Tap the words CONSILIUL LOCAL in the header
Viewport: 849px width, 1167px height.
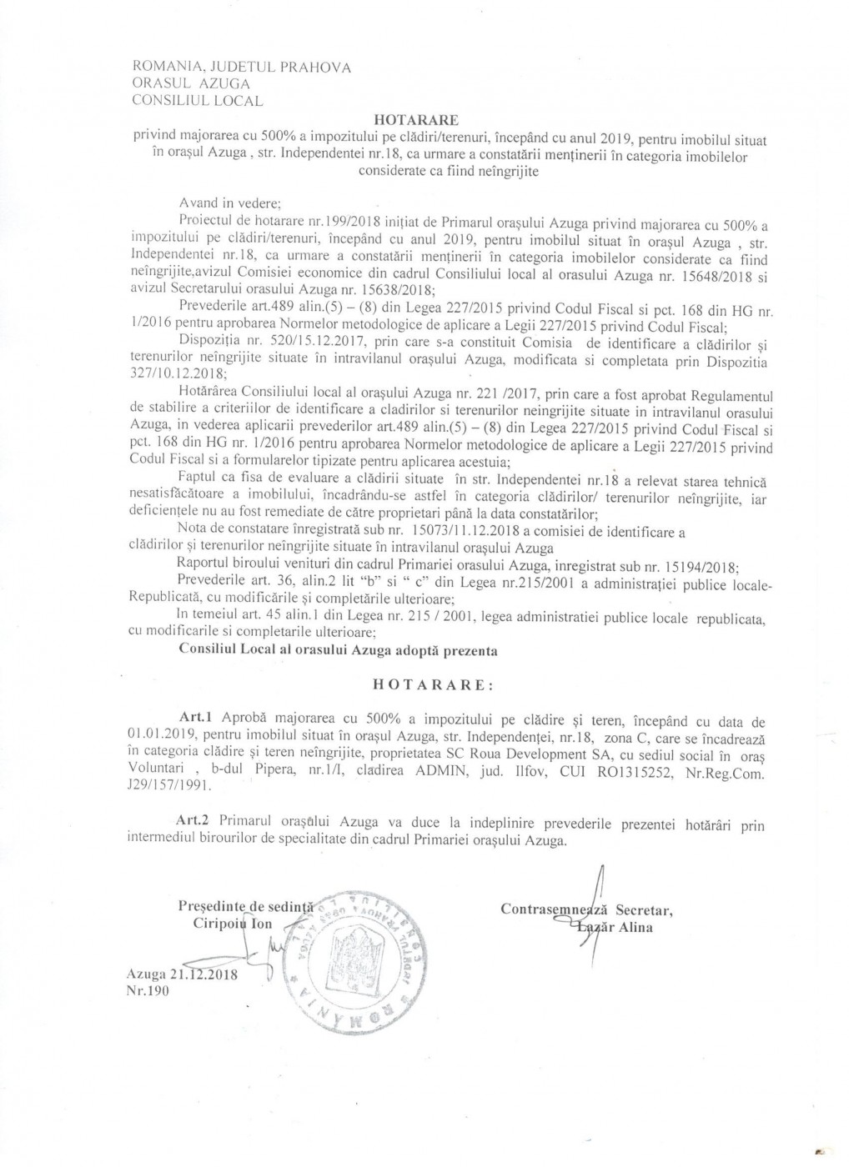click(198, 101)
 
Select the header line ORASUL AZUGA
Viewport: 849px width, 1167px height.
click(192, 83)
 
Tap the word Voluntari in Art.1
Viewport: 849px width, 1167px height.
click(163, 769)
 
